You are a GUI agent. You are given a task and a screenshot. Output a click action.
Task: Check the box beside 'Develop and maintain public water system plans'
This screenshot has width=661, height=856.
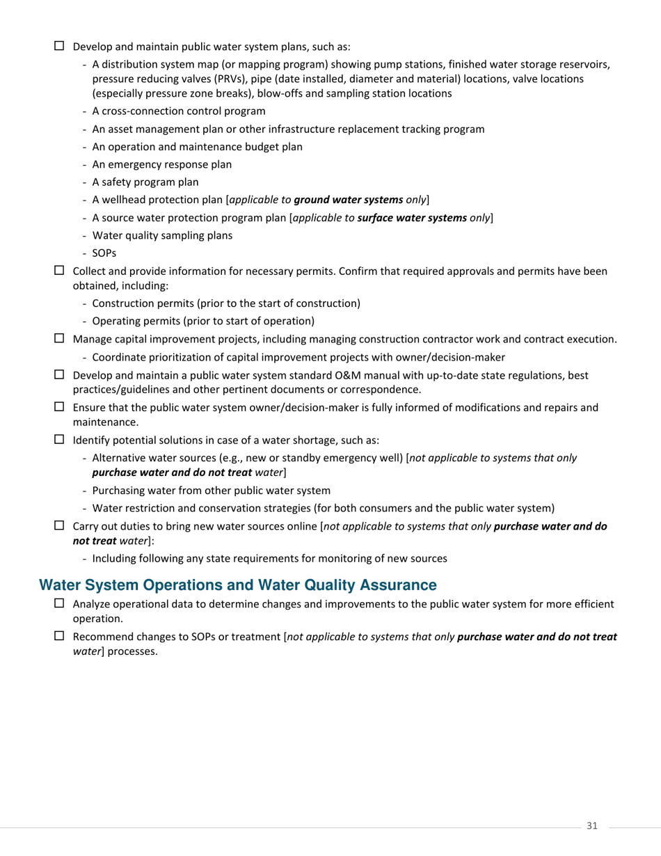[x=59, y=47]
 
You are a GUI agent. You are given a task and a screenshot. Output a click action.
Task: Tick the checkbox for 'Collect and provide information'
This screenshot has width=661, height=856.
[x=59, y=271]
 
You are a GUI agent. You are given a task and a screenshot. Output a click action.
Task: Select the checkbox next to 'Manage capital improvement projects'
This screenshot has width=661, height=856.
[x=59, y=339]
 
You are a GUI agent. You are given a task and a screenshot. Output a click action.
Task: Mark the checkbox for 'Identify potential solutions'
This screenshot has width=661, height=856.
[x=59, y=440]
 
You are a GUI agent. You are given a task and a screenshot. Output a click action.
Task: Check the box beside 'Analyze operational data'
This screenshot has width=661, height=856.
[x=59, y=603]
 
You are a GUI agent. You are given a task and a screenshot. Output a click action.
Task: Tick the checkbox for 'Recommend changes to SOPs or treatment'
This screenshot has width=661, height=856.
[x=59, y=636]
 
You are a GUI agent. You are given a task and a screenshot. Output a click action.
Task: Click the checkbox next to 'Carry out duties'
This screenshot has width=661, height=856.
[x=59, y=525]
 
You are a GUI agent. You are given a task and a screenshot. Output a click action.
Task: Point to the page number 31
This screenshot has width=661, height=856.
[x=592, y=825]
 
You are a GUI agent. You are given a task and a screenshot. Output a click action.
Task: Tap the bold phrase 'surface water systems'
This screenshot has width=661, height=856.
[x=411, y=218]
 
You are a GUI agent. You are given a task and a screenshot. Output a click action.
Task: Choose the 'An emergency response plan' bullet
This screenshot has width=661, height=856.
[x=161, y=164]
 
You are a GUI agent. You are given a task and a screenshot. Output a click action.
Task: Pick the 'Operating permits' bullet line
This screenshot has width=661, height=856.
[x=202, y=321]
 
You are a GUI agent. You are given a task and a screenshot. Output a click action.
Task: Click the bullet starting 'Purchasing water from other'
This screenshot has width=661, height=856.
[x=211, y=490]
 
